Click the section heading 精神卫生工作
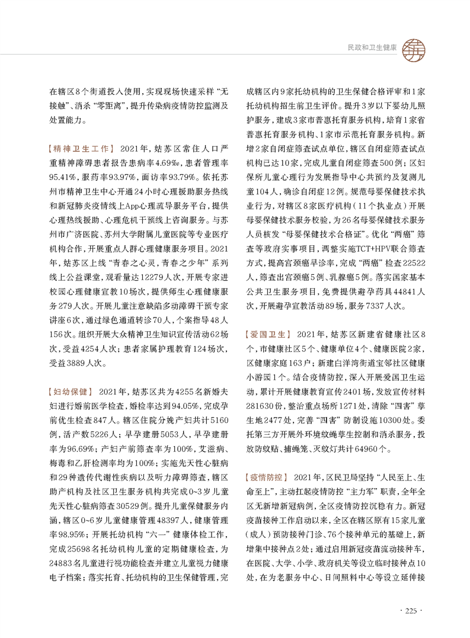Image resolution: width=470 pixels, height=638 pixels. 81,146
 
